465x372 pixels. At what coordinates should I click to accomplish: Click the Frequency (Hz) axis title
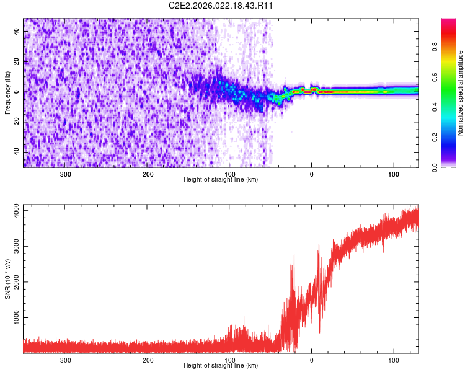tap(7, 92)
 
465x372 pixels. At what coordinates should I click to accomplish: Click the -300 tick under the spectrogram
tap(64, 174)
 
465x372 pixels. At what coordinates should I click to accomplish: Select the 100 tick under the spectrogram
tap(393, 174)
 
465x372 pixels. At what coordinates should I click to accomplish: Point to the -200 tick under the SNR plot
tap(147, 360)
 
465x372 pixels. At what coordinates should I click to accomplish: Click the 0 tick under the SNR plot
tap(311, 360)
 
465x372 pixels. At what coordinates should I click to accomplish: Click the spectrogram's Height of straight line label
tap(221, 180)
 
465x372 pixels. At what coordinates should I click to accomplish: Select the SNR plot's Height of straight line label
tap(221, 366)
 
